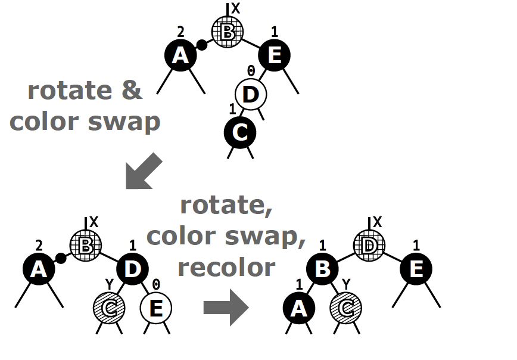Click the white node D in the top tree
point(251,94)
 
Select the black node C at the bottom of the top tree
point(240,133)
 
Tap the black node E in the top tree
point(275,55)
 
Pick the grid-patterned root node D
point(369,246)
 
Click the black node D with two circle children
point(132,269)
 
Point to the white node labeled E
point(156,308)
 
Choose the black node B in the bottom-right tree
point(322,269)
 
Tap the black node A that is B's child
point(299,308)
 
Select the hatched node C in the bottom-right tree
point(346,308)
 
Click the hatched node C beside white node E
point(109,308)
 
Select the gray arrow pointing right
point(226,308)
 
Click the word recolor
point(226,268)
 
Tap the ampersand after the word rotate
point(132,91)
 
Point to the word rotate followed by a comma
point(226,206)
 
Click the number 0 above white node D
point(251,70)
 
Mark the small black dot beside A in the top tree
point(202,45)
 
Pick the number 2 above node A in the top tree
point(180,32)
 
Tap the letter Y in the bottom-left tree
point(110,284)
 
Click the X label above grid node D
point(378,222)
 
